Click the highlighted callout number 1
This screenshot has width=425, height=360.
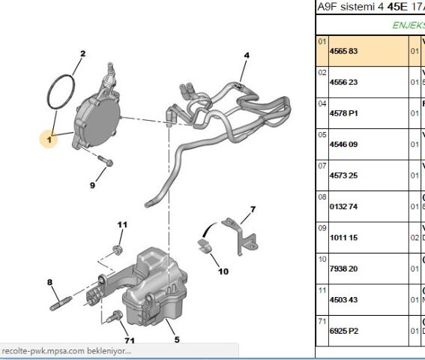click(49, 139)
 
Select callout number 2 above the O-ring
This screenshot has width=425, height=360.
click(82, 53)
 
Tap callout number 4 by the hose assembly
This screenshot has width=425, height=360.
click(247, 55)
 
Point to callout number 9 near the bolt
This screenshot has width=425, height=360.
click(93, 184)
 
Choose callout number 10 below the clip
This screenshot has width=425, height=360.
click(223, 271)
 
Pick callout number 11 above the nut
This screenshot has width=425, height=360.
click(122, 224)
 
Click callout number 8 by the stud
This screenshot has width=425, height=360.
click(50, 282)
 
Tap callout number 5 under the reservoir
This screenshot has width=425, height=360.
click(177, 340)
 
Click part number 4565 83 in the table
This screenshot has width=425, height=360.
click(345, 52)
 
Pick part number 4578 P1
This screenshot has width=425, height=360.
click(345, 114)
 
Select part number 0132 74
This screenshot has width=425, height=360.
click(345, 206)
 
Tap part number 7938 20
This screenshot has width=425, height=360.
click(345, 268)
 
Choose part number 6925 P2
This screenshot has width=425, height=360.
click(345, 329)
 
